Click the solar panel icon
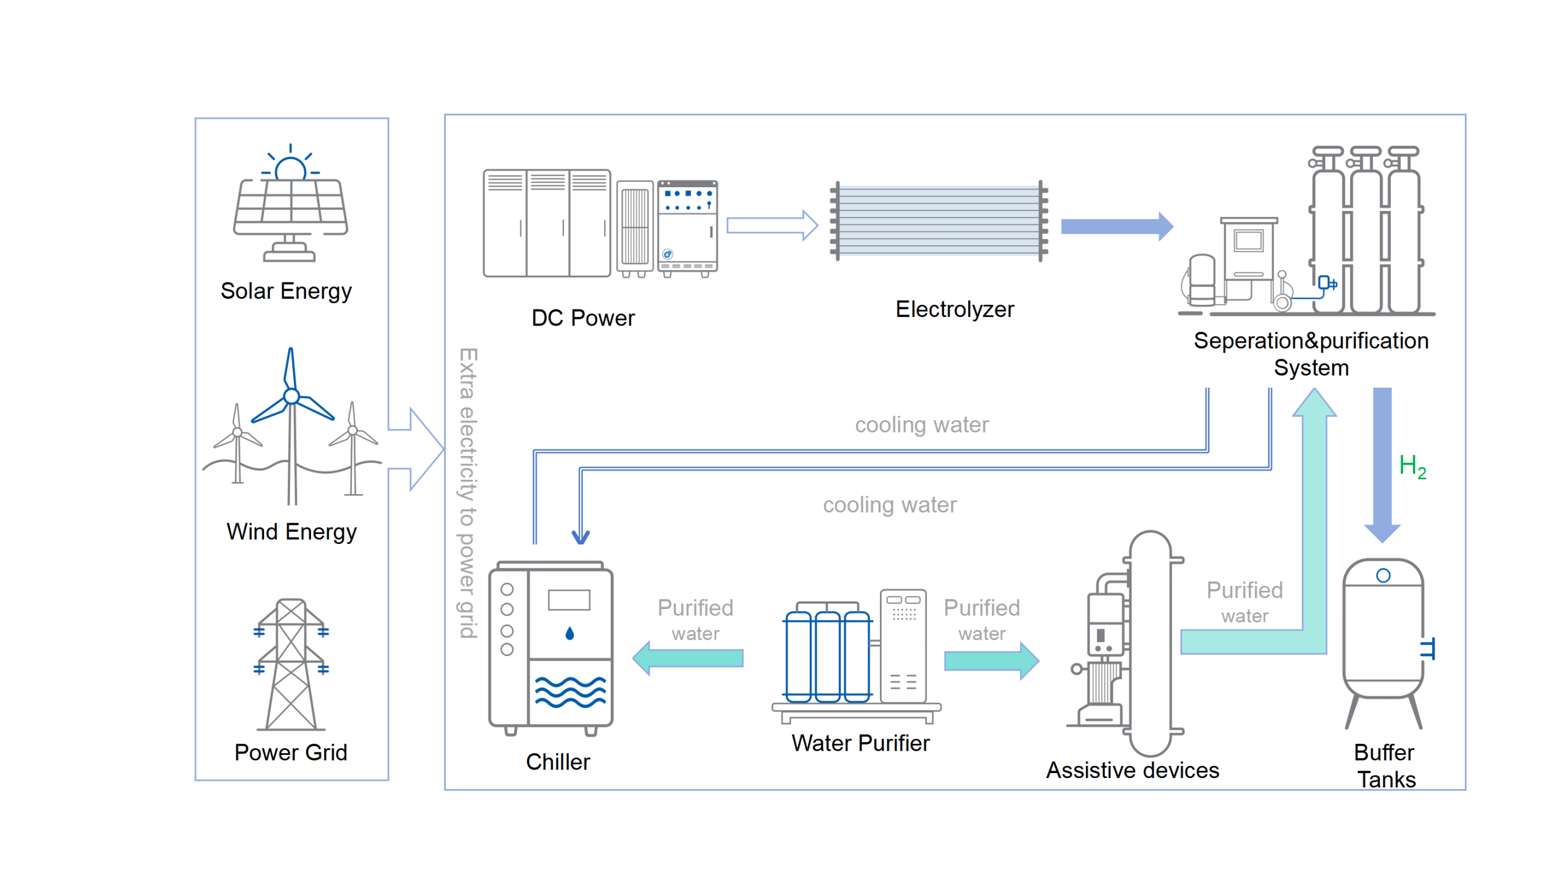pyautogui.click(x=290, y=207)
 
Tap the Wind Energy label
pyautogui.click(x=291, y=532)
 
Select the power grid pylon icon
pyautogui.click(x=291, y=665)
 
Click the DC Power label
pyautogui.click(x=582, y=318)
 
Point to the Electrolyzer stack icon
pyautogui.click(x=939, y=221)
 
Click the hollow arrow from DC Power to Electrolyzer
pyautogui.click(x=772, y=226)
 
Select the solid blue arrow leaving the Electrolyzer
pyautogui.click(x=1116, y=227)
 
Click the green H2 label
pyautogui.click(x=1412, y=466)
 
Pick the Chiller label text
pyautogui.click(x=557, y=762)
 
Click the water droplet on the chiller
pyautogui.click(x=570, y=634)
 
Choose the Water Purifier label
pyautogui.click(x=860, y=743)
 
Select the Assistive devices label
pyautogui.click(x=1132, y=770)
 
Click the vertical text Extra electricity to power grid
pyautogui.click(x=468, y=493)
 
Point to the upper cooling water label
pyautogui.click(x=921, y=424)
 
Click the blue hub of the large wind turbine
pyautogui.click(x=291, y=396)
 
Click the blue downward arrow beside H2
pyautogui.click(x=1382, y=463)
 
